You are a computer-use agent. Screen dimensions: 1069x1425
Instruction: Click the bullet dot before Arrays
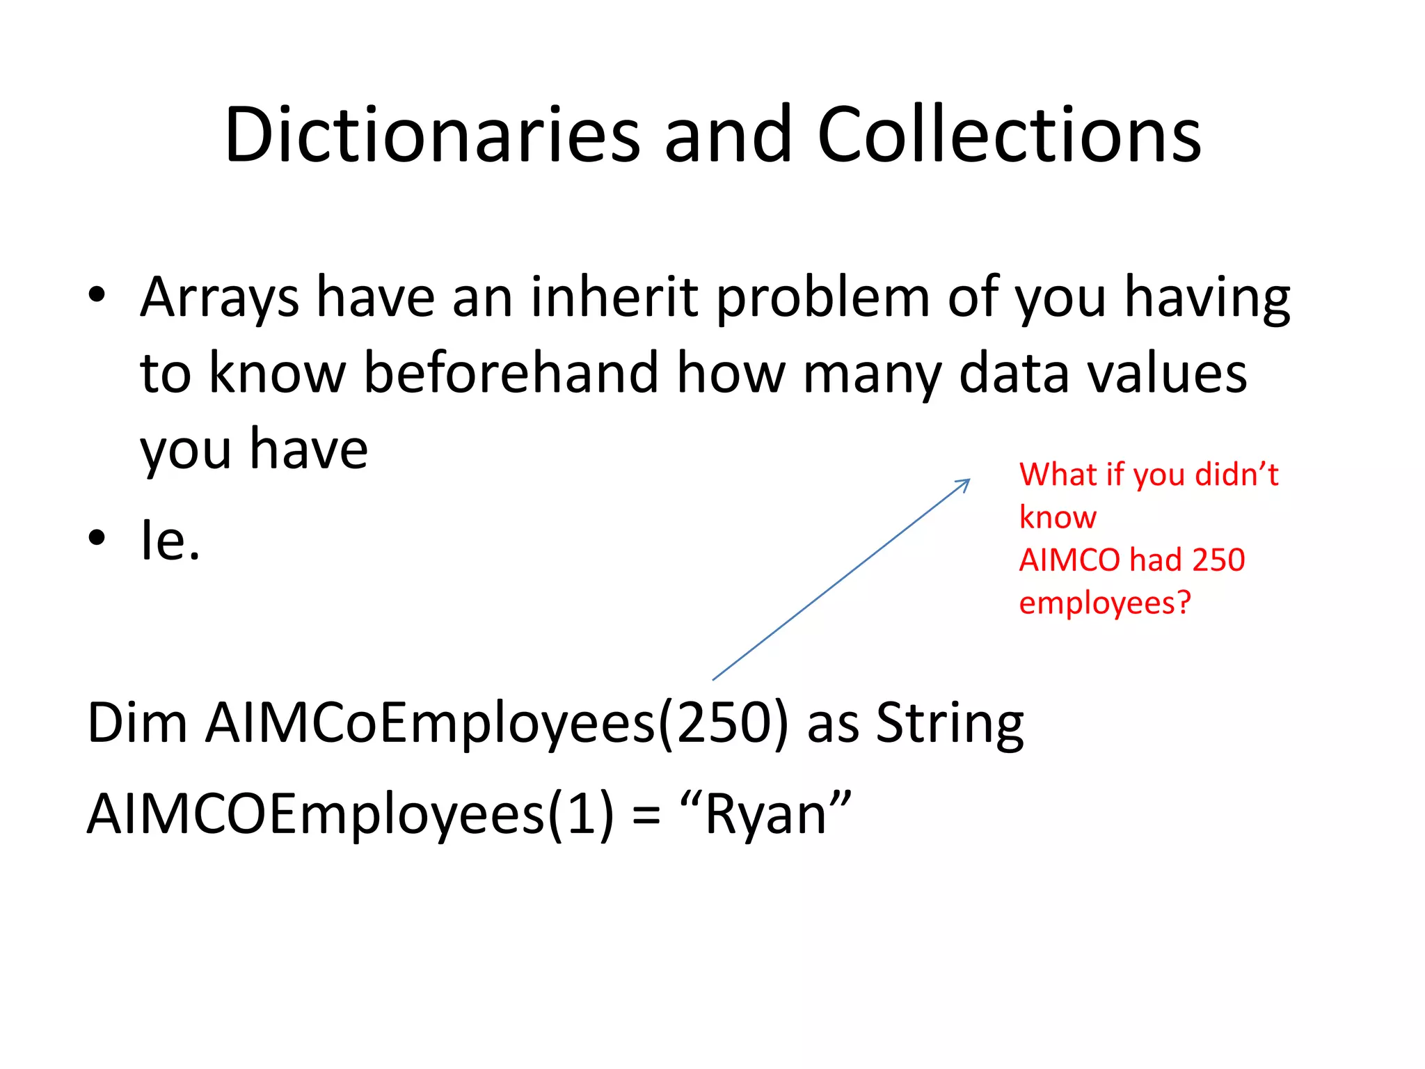pyautogui.click(x=97, y=294)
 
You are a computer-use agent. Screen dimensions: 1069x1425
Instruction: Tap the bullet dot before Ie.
pyautogui.click(x=97, y=537)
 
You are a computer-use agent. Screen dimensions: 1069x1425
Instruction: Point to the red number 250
pyautogui.click(x=1218, y=560)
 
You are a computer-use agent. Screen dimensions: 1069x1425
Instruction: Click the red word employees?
pyautogui.click(x=1105, y=603)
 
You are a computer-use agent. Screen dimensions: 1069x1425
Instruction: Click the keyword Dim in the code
pyautogui.click(x=137, y=723)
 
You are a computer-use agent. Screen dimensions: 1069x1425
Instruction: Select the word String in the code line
pyautogui.click(x=949, y=724)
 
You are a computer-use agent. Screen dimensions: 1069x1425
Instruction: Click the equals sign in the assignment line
pyautogui.click(x=646, y=816)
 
